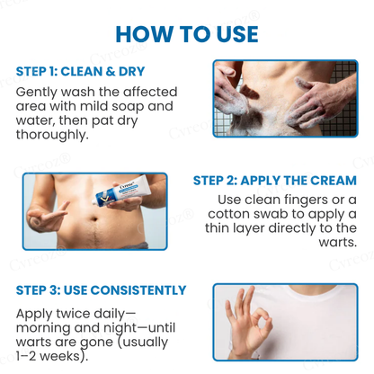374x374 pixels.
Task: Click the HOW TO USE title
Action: (x=187, y=33)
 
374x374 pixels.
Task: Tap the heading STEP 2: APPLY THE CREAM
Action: (x=275, y=180)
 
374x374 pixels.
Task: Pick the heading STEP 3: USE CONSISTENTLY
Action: (x=101, y=290)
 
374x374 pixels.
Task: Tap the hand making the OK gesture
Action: (x=247, y=325)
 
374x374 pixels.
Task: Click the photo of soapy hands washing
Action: (x=283, y=99)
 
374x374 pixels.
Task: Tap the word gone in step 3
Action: (x=97, y=344)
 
